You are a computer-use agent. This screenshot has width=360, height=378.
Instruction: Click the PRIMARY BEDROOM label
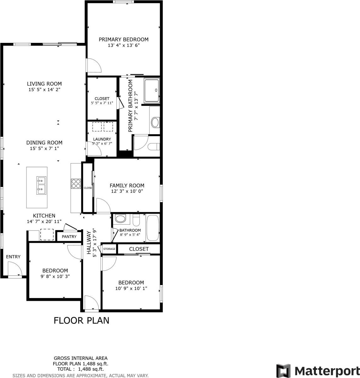click(123, 39)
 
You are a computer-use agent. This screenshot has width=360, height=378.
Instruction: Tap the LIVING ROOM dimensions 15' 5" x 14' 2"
click(44, 89)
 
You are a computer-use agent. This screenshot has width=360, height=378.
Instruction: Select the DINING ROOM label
click(44, 142)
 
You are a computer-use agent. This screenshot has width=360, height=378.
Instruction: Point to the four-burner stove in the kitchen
click(76, 183)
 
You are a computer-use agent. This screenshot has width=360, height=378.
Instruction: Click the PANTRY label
click(69, 237)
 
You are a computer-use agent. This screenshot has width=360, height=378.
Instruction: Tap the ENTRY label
click(13, 257)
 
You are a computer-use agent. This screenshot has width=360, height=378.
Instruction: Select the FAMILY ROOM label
click(127, 186)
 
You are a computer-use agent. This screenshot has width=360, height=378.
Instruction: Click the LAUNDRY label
click(102, 139)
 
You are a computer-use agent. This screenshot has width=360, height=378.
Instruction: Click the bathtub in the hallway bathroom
click(153, 228)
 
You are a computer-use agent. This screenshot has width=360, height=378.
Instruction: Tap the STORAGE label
click(109, 249)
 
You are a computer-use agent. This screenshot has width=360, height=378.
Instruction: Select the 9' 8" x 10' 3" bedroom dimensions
click(55, 276)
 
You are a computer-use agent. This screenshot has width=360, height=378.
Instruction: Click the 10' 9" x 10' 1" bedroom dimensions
click(131, 288)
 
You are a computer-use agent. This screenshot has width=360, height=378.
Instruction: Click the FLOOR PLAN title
click(82, 320)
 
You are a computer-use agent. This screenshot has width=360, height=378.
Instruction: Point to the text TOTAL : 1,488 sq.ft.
click(81, 369)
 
